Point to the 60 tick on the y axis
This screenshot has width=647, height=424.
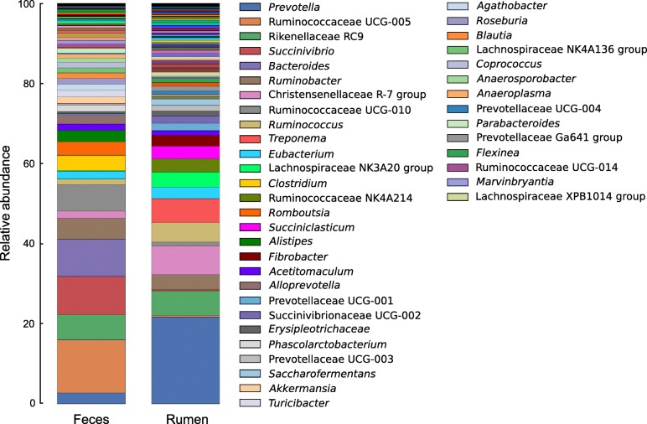coord(42,163)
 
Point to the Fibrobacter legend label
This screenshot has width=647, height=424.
coord(294,256)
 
